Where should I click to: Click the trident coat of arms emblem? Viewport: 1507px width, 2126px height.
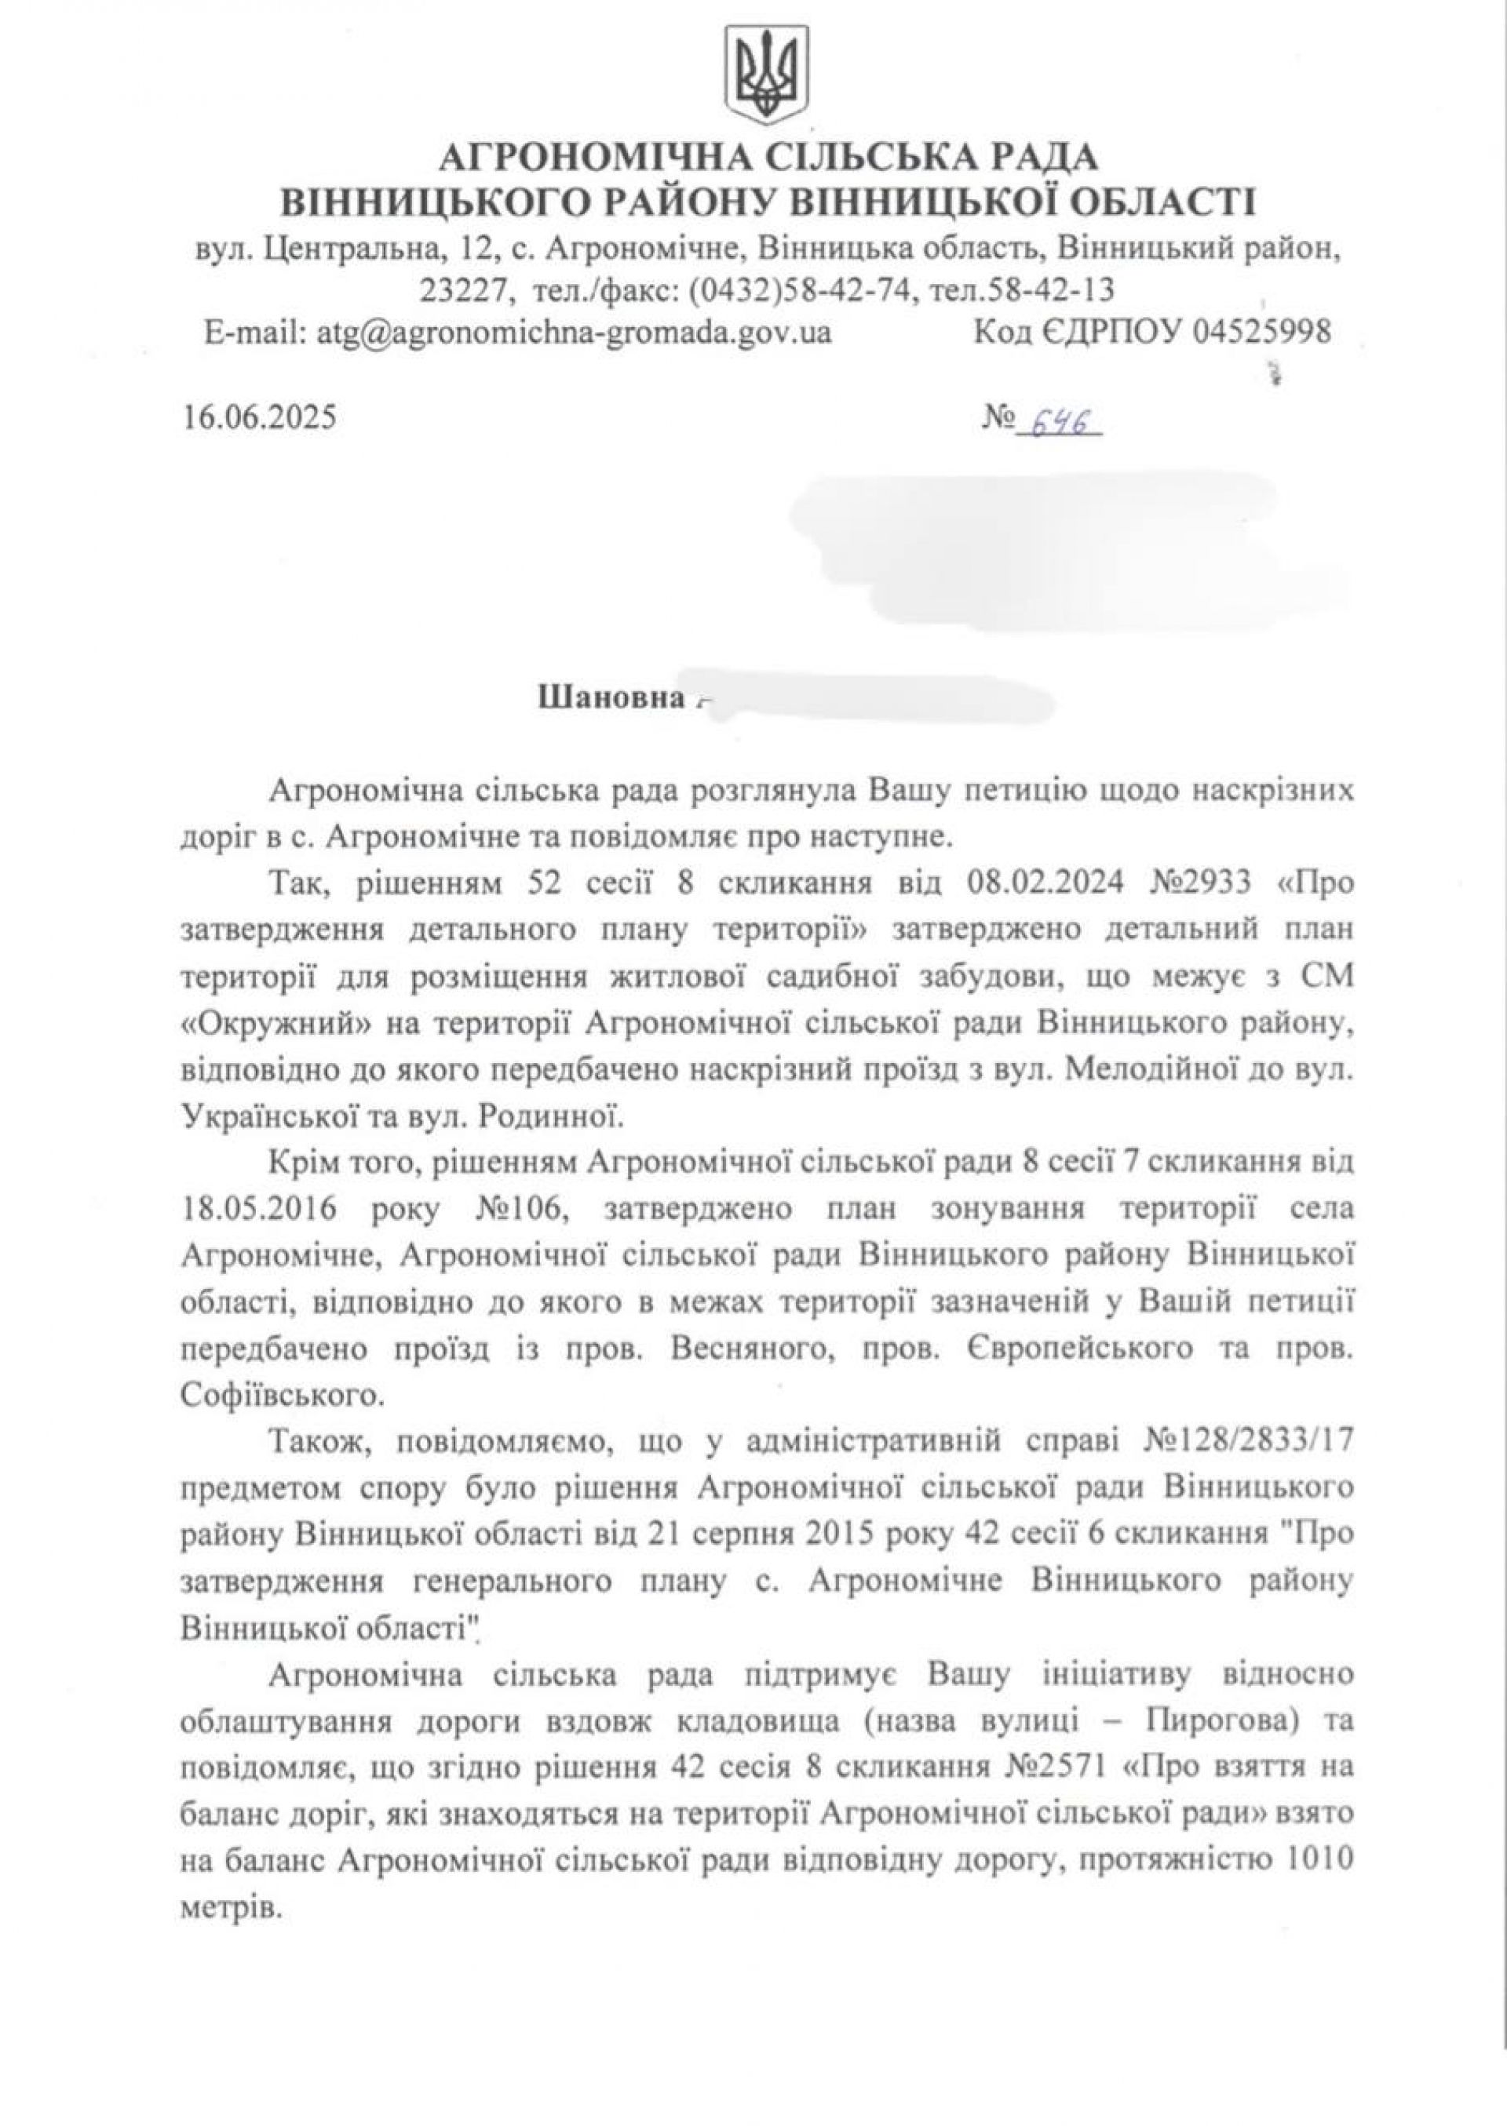pos(768,77)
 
